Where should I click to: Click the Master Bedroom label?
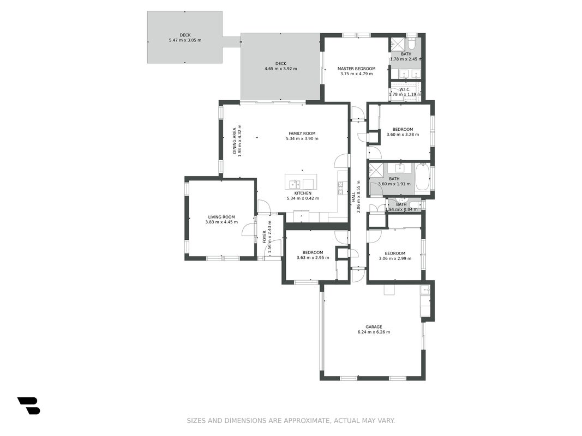(356, 69)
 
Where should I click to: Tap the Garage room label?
(374, 327)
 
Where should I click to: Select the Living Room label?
(221, 217)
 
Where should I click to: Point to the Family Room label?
(302, 134)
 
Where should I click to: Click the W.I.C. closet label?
(405, 89)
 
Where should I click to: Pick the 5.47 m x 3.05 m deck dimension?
(185, 40)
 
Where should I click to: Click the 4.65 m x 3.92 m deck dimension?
(280, 69)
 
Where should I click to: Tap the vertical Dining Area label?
(235, 141)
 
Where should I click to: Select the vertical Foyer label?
(265, 237)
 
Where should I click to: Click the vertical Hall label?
(353, 197)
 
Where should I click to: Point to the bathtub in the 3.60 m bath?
(422, 178)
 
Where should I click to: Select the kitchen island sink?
(295, 184)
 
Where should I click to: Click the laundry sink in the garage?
(425, 289)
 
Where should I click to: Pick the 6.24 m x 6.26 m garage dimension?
(374, 332)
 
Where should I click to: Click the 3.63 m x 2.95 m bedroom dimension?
(313, 258)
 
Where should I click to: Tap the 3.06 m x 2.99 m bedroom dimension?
(395, 258)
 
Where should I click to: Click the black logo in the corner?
(28, 405)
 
